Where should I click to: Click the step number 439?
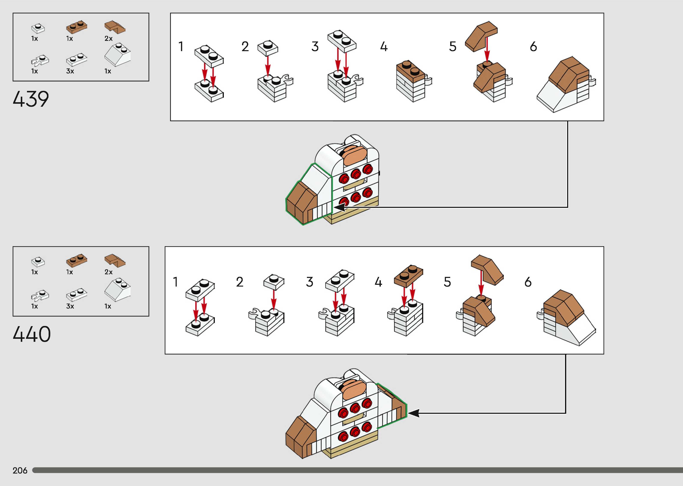[x=31, y=99]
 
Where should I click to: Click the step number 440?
[x=32, y=334]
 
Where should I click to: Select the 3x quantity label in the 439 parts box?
[x=70, y=71]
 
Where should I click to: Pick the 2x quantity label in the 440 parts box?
[x=108, y=272]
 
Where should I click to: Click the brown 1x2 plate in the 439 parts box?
[x=76, y=27]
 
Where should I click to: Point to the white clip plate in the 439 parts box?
[x=40, y=60]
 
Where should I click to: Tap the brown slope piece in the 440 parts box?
[x=115, y=260]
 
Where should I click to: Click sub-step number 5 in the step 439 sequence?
[x=453, y=47]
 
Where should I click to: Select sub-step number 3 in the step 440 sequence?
[x=309, y=282]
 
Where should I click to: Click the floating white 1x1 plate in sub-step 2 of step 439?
[x=268, y=48]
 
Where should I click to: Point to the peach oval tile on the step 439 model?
[x=355, y=156]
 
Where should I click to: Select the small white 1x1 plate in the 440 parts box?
[x=38, y=262]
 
